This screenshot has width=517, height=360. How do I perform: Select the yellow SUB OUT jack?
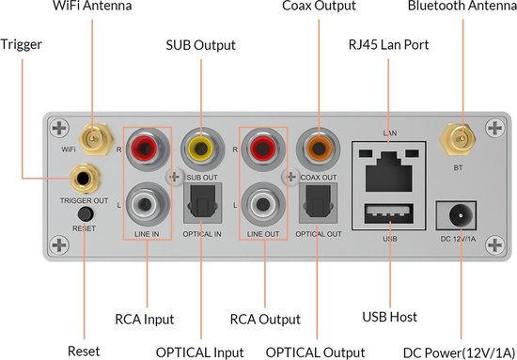(x=199, y=147)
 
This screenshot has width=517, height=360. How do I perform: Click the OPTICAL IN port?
(x=199, y=199)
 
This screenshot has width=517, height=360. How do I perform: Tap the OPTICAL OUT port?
(x=313, y=199)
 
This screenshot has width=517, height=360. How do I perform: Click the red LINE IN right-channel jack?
(x=143, y=147)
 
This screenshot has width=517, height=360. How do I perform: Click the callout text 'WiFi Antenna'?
(x=93, y=8)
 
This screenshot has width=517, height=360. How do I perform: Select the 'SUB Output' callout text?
(x=200, y=44)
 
